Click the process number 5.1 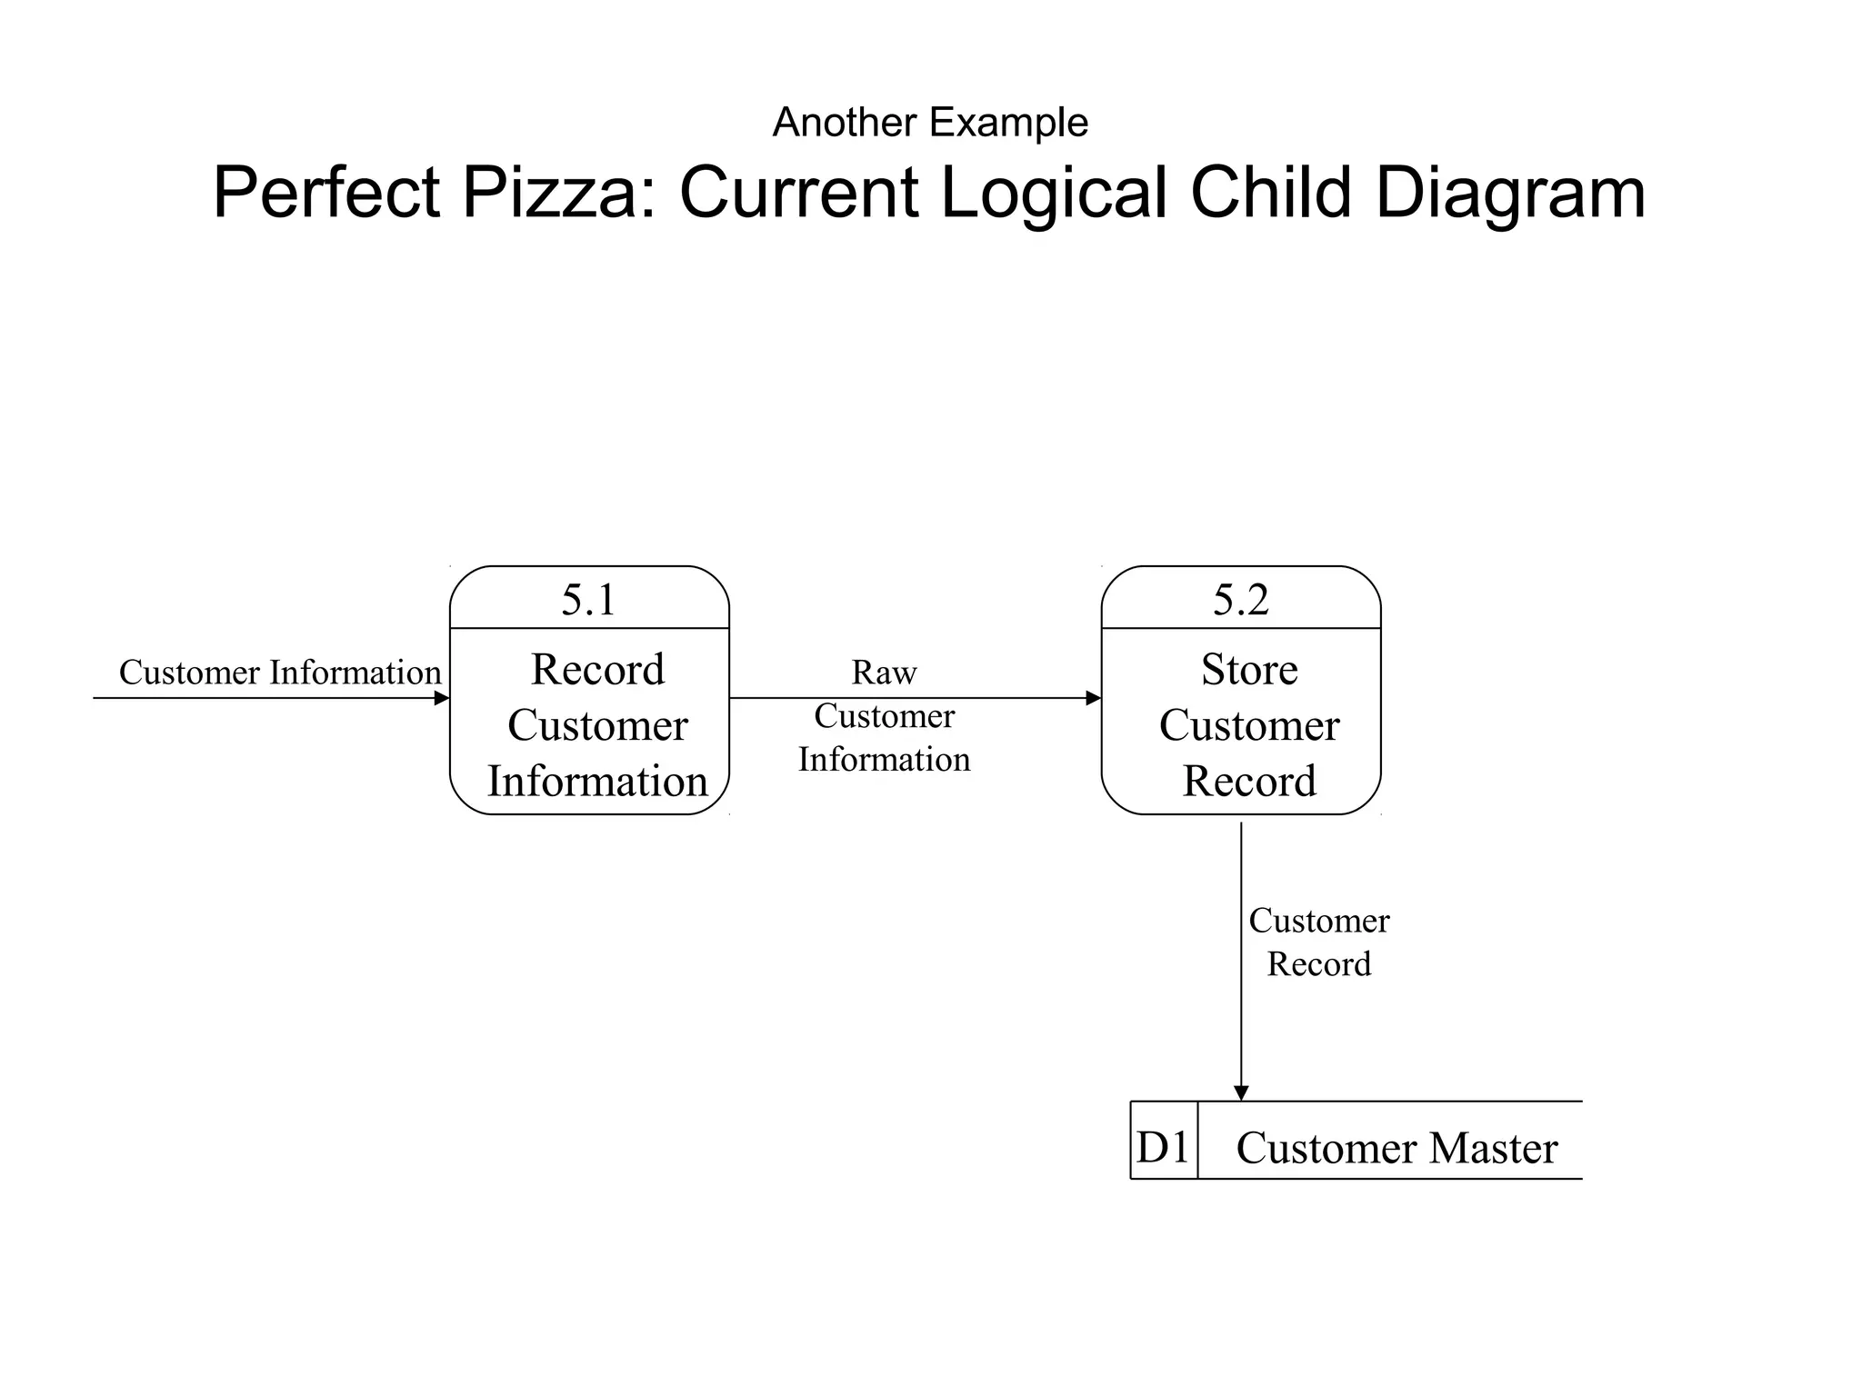click(x=588, y=600)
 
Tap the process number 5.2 click(x=1240, y=600)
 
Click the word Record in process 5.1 click(x=597, y=670)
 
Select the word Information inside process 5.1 click(x=597, y=782)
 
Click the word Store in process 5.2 click(x=1249, y=670)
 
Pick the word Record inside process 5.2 click(x=1249, y=782)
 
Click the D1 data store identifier click(x=1163, y=1147)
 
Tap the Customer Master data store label click(x=1396, y=1148)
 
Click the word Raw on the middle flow click(x=884, y=673)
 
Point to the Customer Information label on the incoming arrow click(x=280, y=673)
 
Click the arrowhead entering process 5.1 click(x=442, y=698)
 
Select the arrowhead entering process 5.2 click(x=1094, y=698)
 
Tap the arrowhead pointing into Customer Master click(x=1241, y=1092)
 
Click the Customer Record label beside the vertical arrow click(x=1318, y=942)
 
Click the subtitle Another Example click(x=930, y=122)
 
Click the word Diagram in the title click(x=1510, y=193)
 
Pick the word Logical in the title click(x=1053, y=193)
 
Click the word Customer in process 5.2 click(x=1249, y=725)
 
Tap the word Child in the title click(x=1271, y=193)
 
